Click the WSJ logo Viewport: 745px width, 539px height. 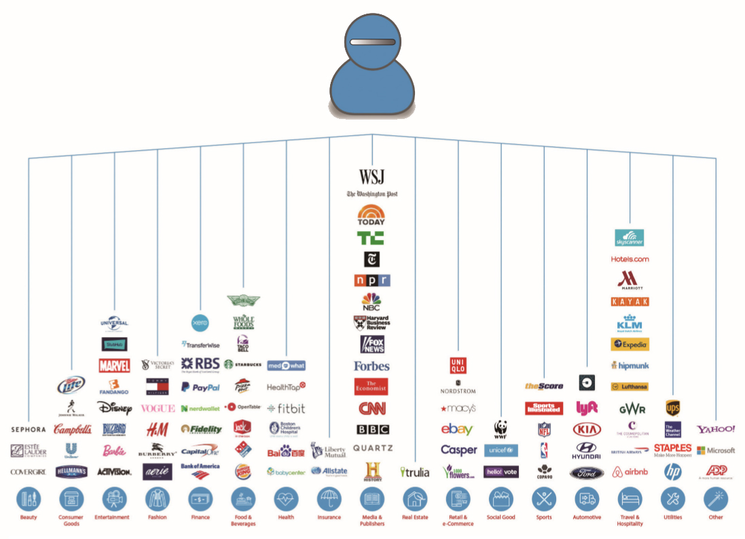pyautogui.click(x=371, y=177)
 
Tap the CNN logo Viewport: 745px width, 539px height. pyautogui.click(x=371, y=408)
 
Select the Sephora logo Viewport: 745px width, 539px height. pyautogui.click(x=29, y=430)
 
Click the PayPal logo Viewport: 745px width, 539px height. pyautogui.click(x=200, y=387)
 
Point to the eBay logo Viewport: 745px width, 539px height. pyautogui.click(x=457, y=430)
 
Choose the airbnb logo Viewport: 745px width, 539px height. pyautogui.click(x=630, y=472)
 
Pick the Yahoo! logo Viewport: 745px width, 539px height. pyautogui.click(x=716, y=430)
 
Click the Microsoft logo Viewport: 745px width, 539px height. pyautogui.click(x=716, y=451)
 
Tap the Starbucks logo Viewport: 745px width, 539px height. pyautogui.click(x=243, y=364)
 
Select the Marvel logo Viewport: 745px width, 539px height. pyautogui.click(x=114, y=366)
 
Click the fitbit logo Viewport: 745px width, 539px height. pyautogui.click(x=286, y=408)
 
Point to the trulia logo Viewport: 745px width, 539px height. pyautogui.click(x=414, y=472)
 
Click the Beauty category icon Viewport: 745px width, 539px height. pyautogui.click(x=29, y=499)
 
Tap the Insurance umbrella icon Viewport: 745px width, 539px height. pyautogui.click(x=329, y=499)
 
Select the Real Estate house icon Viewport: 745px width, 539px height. pyautogui.click(x=414, y=499)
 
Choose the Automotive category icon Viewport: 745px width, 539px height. pyautogui.click(x=587, y=499)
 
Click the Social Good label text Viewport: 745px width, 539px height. pyautogui.click(x=501, y=517)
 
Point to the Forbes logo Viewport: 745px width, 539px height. pyautogui.click(x=371, y=366)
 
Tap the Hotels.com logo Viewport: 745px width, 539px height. pyautogui.click(x=630, y=259)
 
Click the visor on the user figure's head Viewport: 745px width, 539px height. pyautogui.click(x=371, y=42)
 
